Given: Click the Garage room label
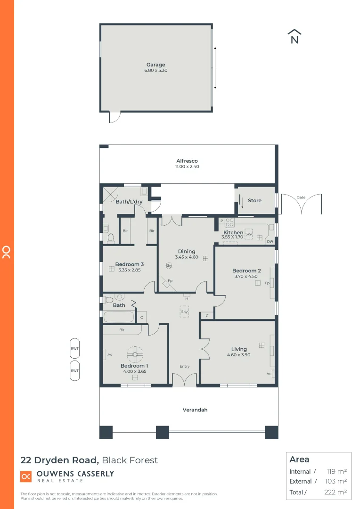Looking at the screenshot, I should coord(155,65).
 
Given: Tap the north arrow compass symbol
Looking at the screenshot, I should coord(295,37).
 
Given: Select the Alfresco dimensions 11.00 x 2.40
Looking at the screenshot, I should coord(187,166).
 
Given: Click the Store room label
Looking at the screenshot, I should coord(254,200).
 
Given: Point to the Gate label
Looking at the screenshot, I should coord(301,197).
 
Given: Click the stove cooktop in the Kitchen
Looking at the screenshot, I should coord(229,222).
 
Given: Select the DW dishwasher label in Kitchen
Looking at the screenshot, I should coord(270,242).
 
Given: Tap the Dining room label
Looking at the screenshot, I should coord(187,251).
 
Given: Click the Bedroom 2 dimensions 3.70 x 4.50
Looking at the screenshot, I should coord(246,277).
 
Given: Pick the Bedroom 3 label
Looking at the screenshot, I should coord(130,264).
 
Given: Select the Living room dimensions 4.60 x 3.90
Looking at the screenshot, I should coord(238,355).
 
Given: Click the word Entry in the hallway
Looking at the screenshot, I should coord(184,366).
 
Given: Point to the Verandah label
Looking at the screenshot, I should coord(195,410).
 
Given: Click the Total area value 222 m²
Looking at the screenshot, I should coord(336,492).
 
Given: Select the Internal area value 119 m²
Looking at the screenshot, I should coord(336,471).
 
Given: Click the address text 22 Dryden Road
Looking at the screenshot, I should coord(59,460).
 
